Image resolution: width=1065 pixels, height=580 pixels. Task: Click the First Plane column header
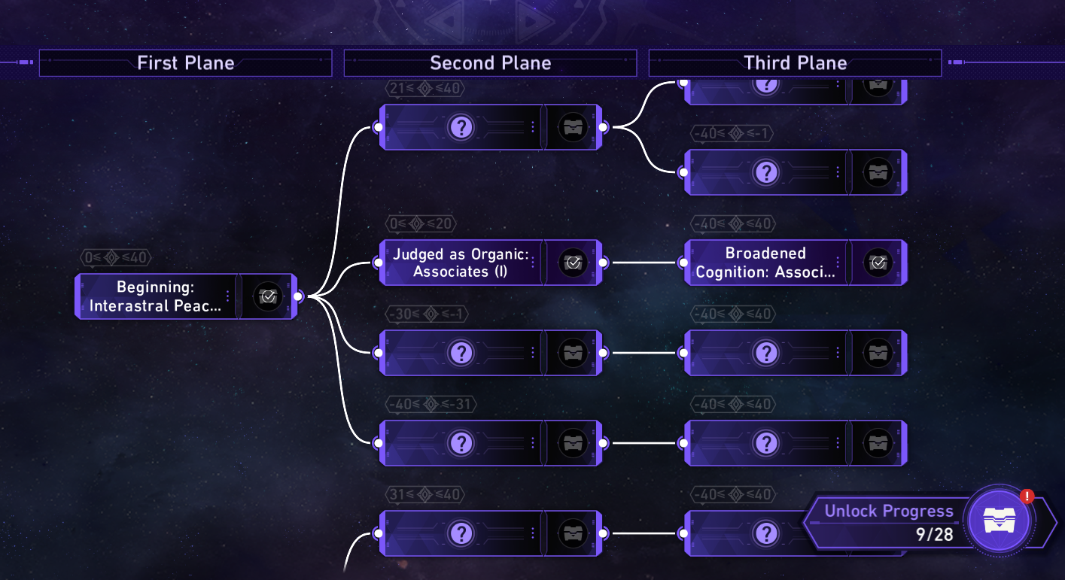[185, 63]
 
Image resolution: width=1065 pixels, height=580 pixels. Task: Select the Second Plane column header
[490, 63]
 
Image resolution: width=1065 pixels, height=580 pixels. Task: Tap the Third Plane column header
[795, 63]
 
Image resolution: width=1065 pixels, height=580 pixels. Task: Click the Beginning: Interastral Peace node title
[155, 296]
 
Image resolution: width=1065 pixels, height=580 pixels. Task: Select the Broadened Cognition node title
[765, 263]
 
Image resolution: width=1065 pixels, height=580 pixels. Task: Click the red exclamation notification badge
[1027, 496]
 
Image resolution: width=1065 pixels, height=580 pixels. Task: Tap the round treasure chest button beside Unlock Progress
[999, 520]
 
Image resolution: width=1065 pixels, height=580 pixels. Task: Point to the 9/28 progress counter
[934, 534]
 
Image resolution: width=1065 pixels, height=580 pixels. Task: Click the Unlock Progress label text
[888, 512]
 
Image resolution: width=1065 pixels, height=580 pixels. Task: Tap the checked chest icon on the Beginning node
[268, 296]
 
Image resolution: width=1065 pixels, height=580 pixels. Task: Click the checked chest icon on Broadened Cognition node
[878, 263]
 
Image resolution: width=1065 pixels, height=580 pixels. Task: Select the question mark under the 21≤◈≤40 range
[460, 127]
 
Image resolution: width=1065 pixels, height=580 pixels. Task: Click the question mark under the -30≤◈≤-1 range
[460, 353]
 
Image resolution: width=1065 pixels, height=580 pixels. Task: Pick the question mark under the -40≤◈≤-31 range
[460, 443]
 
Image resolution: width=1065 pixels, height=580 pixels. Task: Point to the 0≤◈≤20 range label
[421, 224]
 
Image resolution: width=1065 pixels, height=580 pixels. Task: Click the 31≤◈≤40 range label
[425, 495]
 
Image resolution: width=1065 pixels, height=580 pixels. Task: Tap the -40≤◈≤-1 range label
[732, 134]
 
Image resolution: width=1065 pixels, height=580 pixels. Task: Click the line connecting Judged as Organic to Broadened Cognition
[644, 263]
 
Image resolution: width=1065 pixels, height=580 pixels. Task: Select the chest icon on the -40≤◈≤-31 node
[573, 443]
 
